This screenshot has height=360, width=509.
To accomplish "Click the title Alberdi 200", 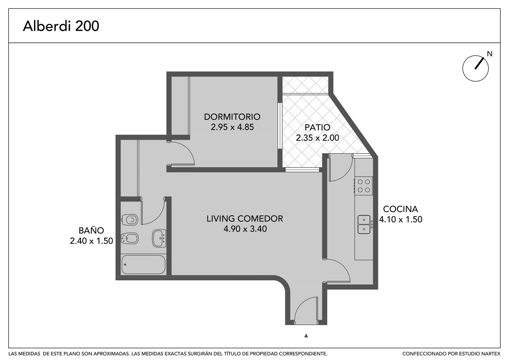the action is [61, 26].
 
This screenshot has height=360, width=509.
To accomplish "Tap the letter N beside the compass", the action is [490, 54].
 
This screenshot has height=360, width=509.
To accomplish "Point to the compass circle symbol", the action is [475, 68].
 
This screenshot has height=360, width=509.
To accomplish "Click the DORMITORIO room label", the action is [232, 117].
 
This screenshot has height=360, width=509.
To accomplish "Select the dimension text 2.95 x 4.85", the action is [232, 127].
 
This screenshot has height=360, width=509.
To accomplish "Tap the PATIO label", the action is [317, 127].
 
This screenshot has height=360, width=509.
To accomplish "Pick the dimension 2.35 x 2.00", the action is [317, 138].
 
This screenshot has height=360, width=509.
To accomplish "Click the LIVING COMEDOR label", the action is [245, 219].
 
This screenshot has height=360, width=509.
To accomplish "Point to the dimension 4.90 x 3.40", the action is [245, 229].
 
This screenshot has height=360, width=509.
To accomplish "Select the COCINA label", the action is [400, 209].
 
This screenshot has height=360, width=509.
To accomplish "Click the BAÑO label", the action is [91, 230].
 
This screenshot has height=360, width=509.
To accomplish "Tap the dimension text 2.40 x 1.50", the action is [91, 241].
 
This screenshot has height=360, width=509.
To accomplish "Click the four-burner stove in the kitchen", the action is [363, 186].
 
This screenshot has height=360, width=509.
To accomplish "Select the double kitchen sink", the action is [365, 224].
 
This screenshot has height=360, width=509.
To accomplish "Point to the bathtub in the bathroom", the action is [143, 264].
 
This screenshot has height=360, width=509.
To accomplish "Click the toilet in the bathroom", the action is [130, 220].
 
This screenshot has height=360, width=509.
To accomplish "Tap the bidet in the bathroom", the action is [130, 238].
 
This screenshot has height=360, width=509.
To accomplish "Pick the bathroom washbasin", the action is [159, 238].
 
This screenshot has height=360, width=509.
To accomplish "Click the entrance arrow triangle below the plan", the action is [306, 335].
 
